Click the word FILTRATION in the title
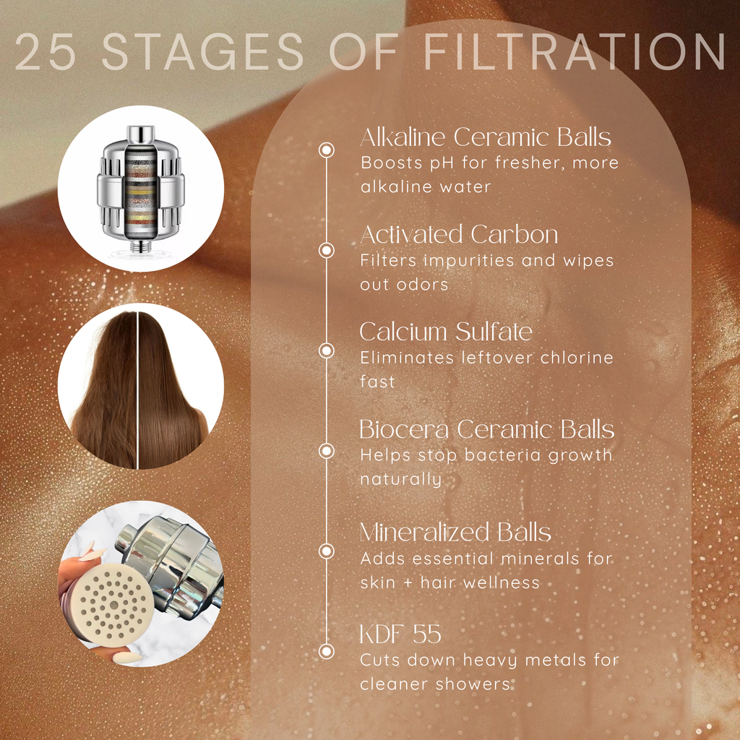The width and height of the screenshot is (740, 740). tap(575, 52)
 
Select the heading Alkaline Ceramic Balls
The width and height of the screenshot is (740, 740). tap(485, 137)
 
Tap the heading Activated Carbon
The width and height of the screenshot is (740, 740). tap(459, 235)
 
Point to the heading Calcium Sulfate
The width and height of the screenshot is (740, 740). tap(446, 332)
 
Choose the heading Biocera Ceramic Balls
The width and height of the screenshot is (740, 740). tap(486, 429)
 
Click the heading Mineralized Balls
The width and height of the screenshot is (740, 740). tap(455, 533)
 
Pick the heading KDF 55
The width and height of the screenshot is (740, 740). tap(400, 635)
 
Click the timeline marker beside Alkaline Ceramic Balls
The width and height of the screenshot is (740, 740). tap(327, 150)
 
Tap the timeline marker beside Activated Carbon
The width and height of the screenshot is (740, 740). tap(327, 250)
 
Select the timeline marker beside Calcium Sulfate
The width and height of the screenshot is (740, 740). tap(327, 350)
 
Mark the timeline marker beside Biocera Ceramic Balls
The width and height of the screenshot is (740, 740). tap(327, 451)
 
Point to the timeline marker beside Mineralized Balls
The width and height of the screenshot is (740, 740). tap(327, 551)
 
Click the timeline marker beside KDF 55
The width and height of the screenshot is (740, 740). tap(327, 651)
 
